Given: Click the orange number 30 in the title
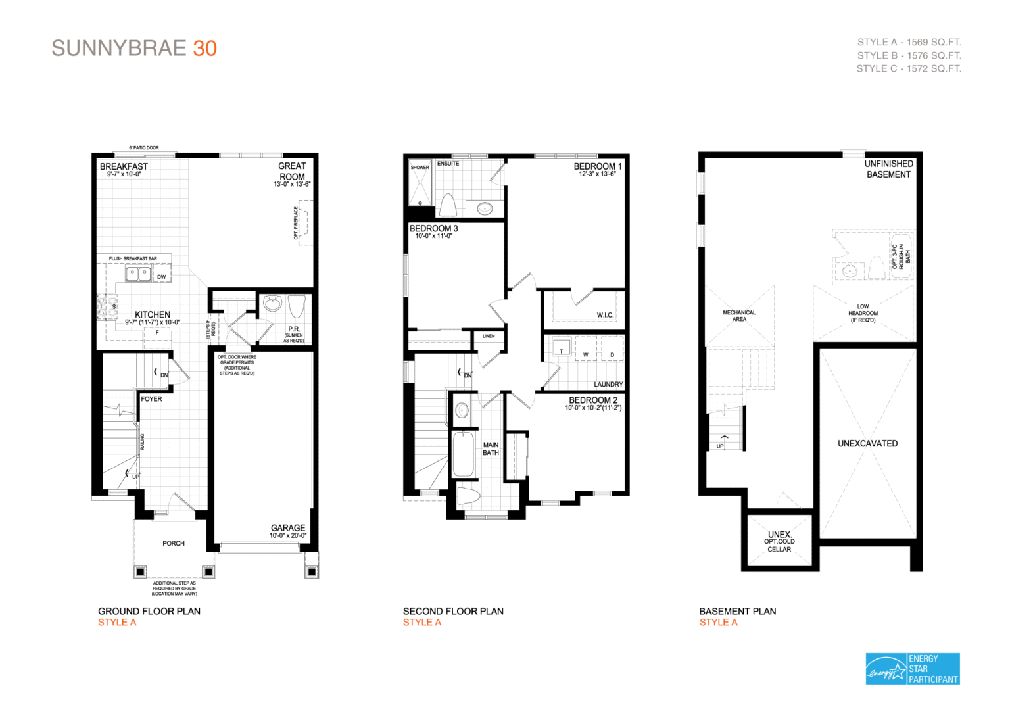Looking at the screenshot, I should click(204, 49).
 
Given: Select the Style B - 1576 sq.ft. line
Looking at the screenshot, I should click(909, 55).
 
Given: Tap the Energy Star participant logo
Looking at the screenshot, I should click(912, 668).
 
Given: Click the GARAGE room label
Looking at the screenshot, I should click(288, 528).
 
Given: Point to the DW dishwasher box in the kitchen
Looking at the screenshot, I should click(161, 277).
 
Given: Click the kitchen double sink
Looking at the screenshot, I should click(138, 273).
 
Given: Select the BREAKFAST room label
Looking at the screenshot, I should click(124, 166).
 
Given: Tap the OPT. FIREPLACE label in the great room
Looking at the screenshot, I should click(297, 224).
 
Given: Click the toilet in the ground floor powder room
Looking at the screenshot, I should click(297, 306).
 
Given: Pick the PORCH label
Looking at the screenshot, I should click(174, 543).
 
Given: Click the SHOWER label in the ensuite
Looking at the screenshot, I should click(420, 167).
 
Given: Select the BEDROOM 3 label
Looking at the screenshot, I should click(433, 228).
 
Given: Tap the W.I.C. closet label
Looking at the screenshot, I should click(605, 315).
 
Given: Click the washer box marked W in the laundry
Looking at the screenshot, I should click(586, 354).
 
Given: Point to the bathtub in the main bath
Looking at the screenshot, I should click(463, 454).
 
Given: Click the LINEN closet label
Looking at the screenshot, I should click(489, 336).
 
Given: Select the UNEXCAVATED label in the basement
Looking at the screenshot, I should click(867, 443).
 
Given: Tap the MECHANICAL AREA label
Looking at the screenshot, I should click(739, 316).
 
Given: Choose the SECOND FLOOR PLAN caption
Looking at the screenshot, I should click(453, 611).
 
